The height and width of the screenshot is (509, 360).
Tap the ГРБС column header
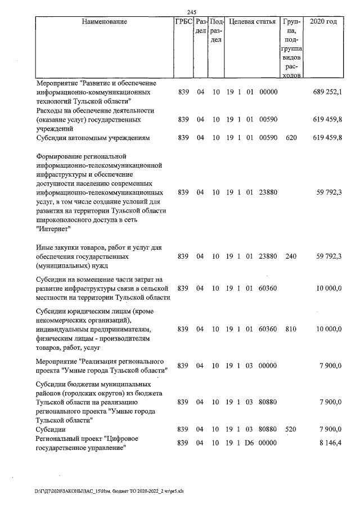[x=183, y=22]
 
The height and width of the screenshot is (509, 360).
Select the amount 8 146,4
[x=329, y=443]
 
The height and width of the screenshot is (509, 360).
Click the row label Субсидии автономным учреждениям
[x=92, y=137]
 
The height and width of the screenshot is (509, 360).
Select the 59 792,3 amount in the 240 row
[x=328, y=256]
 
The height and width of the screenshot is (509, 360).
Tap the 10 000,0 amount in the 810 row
[x=328, y=328]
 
